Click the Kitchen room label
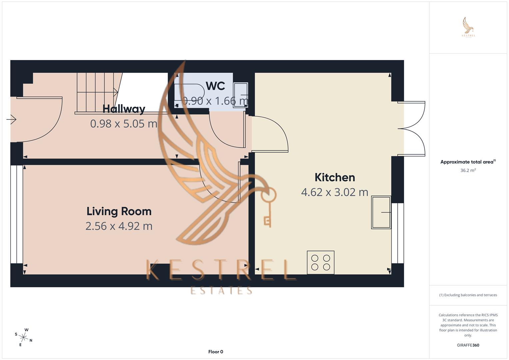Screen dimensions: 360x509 coord(335,177)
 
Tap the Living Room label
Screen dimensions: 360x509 coord(119,211)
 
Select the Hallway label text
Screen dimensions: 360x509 coord(124,109)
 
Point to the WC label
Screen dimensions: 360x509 coord(215,86)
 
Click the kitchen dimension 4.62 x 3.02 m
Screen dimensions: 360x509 coord(335,192)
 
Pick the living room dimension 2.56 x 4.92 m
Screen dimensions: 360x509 coord(119,226)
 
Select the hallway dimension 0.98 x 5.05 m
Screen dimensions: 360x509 coord(124,124)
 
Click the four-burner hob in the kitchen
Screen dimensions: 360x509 coord(320,262)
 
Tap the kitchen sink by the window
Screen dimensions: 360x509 coord(381,212)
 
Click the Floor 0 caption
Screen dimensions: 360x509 coord(216,352)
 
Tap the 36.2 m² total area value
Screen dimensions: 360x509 coord(468,170)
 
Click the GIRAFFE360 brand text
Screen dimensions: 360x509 coord(468,345)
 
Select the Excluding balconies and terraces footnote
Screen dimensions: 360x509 coord(468,295)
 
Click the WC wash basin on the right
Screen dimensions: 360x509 coord(241,95)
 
